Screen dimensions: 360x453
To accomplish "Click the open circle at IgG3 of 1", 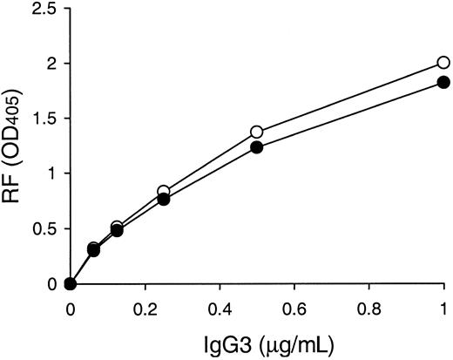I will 443,63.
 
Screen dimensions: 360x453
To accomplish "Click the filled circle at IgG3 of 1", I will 443,82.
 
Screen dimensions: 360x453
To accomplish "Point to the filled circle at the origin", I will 71,284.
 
